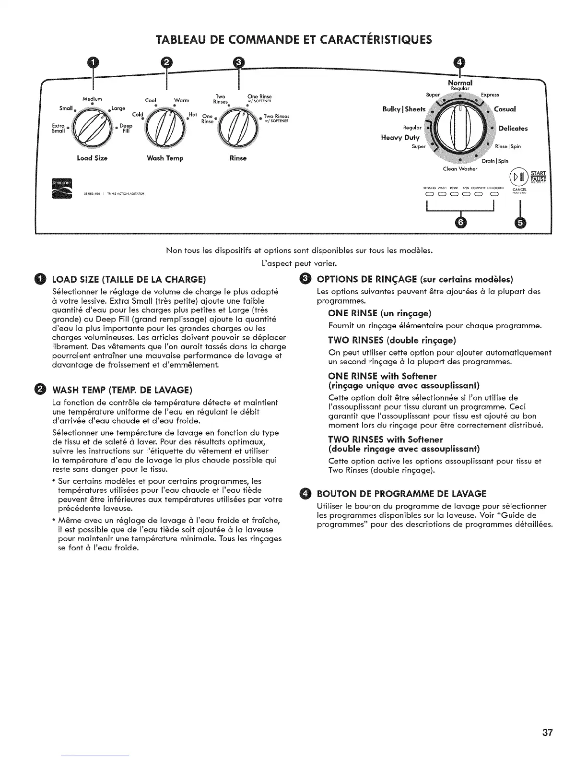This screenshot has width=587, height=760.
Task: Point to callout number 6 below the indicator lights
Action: [461, 222]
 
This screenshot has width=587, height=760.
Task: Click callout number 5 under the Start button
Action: [520, 222]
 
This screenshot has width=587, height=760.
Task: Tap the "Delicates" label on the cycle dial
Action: [513, 128]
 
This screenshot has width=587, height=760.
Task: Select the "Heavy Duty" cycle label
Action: [400, 138]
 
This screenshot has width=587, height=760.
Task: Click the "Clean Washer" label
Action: [460, 168]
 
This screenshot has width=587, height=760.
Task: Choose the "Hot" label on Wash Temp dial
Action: [193, 115]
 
